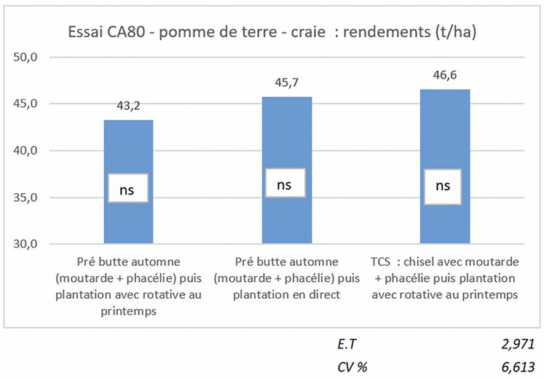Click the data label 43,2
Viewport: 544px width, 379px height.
click(128, 105)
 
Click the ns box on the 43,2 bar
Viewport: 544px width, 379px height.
click(128, 188)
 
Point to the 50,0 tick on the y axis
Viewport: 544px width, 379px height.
click(33, 57)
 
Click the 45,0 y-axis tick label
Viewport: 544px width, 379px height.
click(33, 103)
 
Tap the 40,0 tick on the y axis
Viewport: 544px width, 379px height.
click(33, 151)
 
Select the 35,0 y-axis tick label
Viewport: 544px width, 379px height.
click(33, 198)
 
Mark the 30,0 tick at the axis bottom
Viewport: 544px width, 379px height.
click(33, 244)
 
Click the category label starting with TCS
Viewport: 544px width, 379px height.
click(444, 278)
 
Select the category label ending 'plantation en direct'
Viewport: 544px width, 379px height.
click(286, 278)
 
